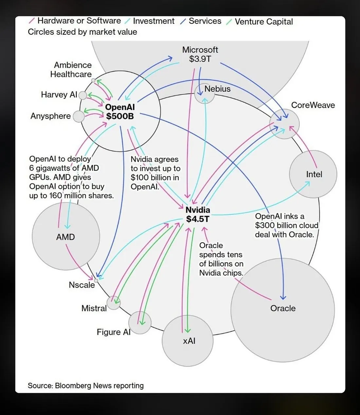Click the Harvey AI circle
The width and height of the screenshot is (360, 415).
point(83,95)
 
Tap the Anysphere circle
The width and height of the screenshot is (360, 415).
point(79,116)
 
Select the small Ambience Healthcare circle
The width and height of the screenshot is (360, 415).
point(93,80)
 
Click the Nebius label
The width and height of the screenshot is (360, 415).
point(217,89)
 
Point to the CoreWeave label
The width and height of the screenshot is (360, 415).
point(313,105)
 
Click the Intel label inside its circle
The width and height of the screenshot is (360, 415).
point(314,174)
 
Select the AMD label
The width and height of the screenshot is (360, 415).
point(65,237)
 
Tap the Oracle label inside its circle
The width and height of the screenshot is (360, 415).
point(283,308)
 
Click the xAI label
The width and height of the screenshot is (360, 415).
point(189,341)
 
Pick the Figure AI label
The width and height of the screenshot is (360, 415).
point(114,332)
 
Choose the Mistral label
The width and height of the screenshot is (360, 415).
point(94,308)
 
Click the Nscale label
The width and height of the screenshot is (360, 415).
point(82,285)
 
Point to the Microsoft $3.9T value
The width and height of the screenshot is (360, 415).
point(200,59)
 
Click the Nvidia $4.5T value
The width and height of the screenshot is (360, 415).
point(198,219)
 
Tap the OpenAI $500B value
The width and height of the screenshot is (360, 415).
point(120,116)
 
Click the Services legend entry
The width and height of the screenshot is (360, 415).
point(201,21)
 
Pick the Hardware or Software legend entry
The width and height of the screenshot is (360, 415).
point(75,21)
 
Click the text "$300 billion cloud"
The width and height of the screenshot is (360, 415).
point(287,225)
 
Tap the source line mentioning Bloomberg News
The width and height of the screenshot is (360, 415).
point(86,386)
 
